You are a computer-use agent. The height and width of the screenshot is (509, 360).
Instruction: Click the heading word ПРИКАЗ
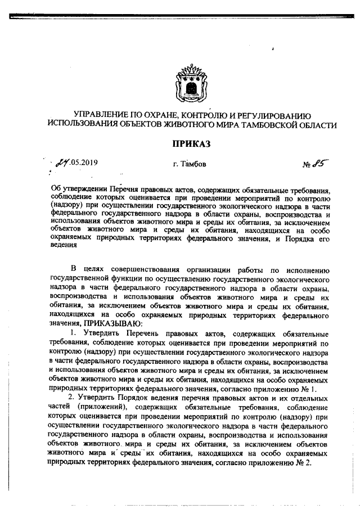click(191, 145)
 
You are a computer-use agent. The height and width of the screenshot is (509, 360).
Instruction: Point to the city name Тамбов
click(193, 164)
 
